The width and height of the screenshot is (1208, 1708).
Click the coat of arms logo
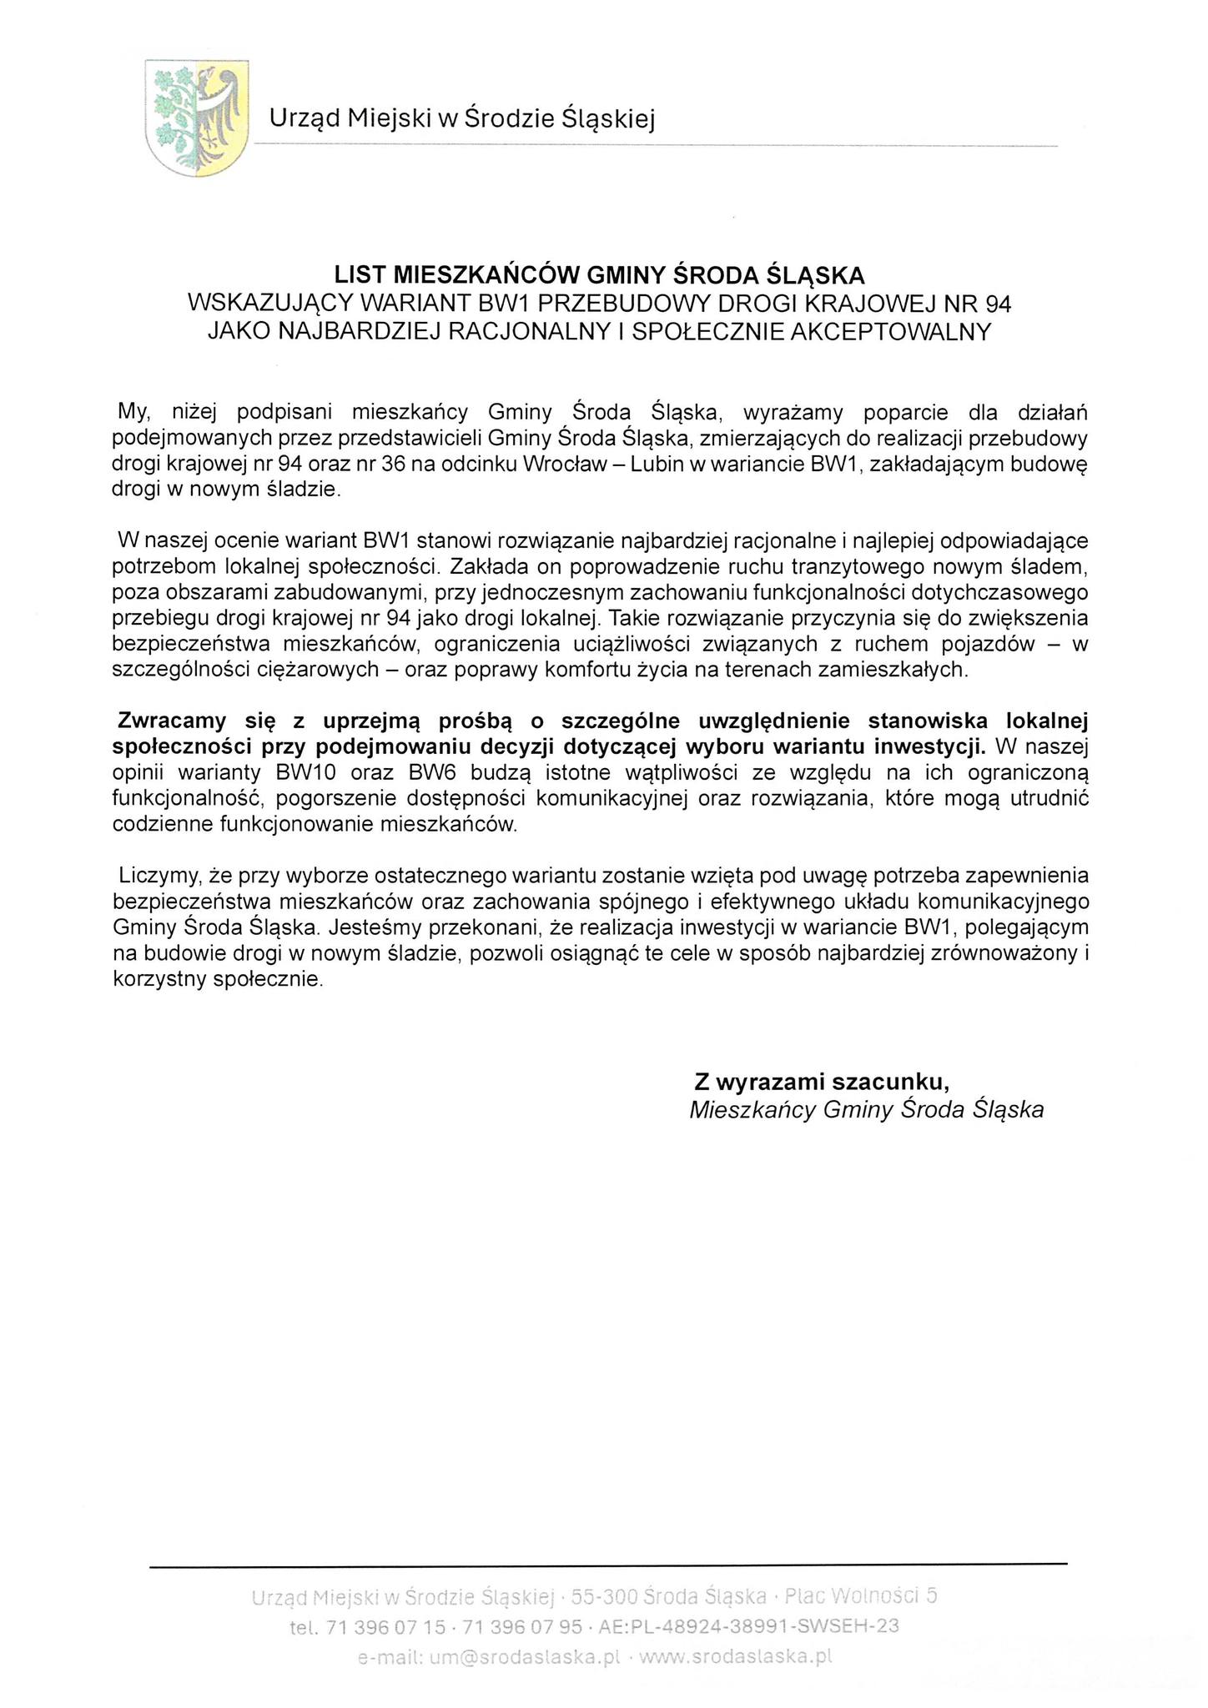coord(197,117)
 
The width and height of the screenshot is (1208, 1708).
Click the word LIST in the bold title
coord(361,275)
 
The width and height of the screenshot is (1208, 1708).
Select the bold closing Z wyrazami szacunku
coord(822,1082)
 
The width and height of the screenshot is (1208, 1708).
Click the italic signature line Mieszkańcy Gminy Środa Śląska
coord(867,1110)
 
